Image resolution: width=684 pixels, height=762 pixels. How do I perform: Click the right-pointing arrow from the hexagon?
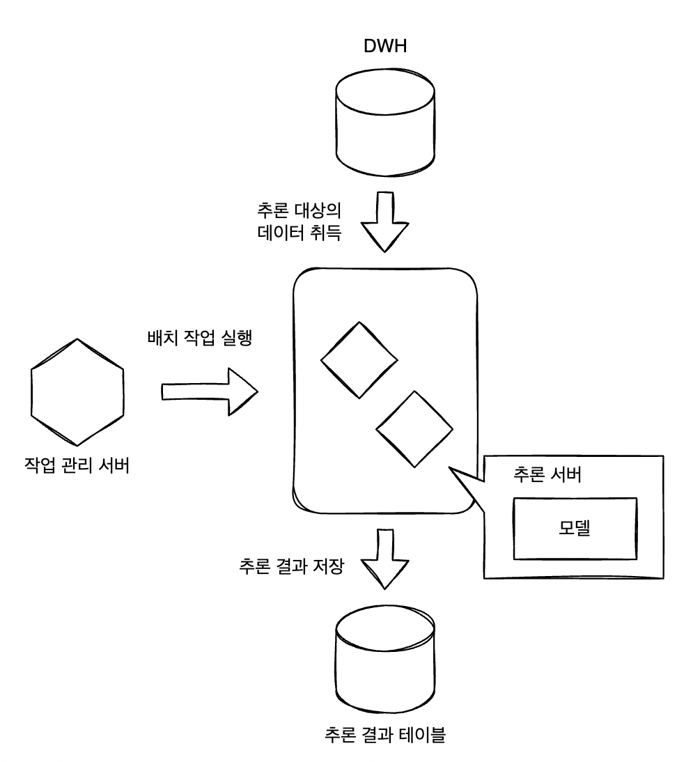pyautogui.click(x=209, y=391)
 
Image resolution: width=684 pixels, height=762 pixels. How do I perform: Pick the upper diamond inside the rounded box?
pyautogui.click(x=359, y=359)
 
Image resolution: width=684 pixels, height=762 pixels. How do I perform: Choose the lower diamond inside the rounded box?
pyautogui.click(x=414, y=429)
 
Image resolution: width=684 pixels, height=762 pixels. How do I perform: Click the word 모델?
pyautogui.click(x=575, y=528)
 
